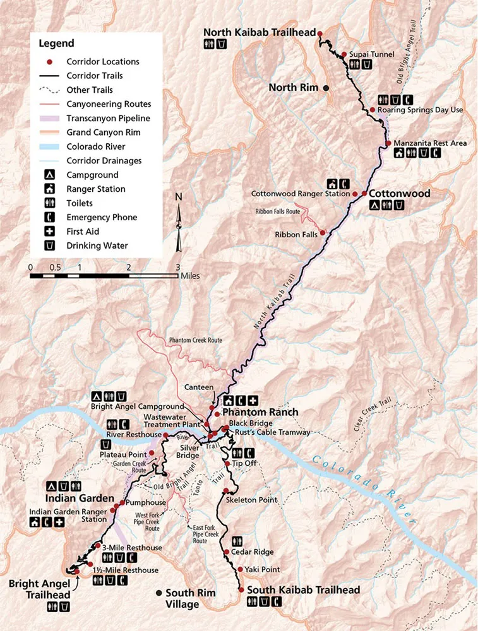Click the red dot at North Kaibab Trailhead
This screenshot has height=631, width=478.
[x=320, y=33]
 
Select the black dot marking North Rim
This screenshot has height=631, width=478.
[x=326, y=88]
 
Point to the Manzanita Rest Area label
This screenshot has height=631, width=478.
[x=430, y=143]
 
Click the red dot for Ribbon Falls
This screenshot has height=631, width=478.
[x=323, y=233]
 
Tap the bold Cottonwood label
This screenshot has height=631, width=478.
[x=399, y=193]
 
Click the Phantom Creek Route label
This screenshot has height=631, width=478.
[x=195, y=340]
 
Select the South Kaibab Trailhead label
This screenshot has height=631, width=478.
[x=303, y=590]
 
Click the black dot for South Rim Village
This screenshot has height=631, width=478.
[x=158, y=593]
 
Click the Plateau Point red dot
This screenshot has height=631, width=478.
[x=150, y=453]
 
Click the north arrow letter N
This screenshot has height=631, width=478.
[x=179, y=196]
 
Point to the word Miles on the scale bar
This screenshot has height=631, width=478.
[x=190, y=275]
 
